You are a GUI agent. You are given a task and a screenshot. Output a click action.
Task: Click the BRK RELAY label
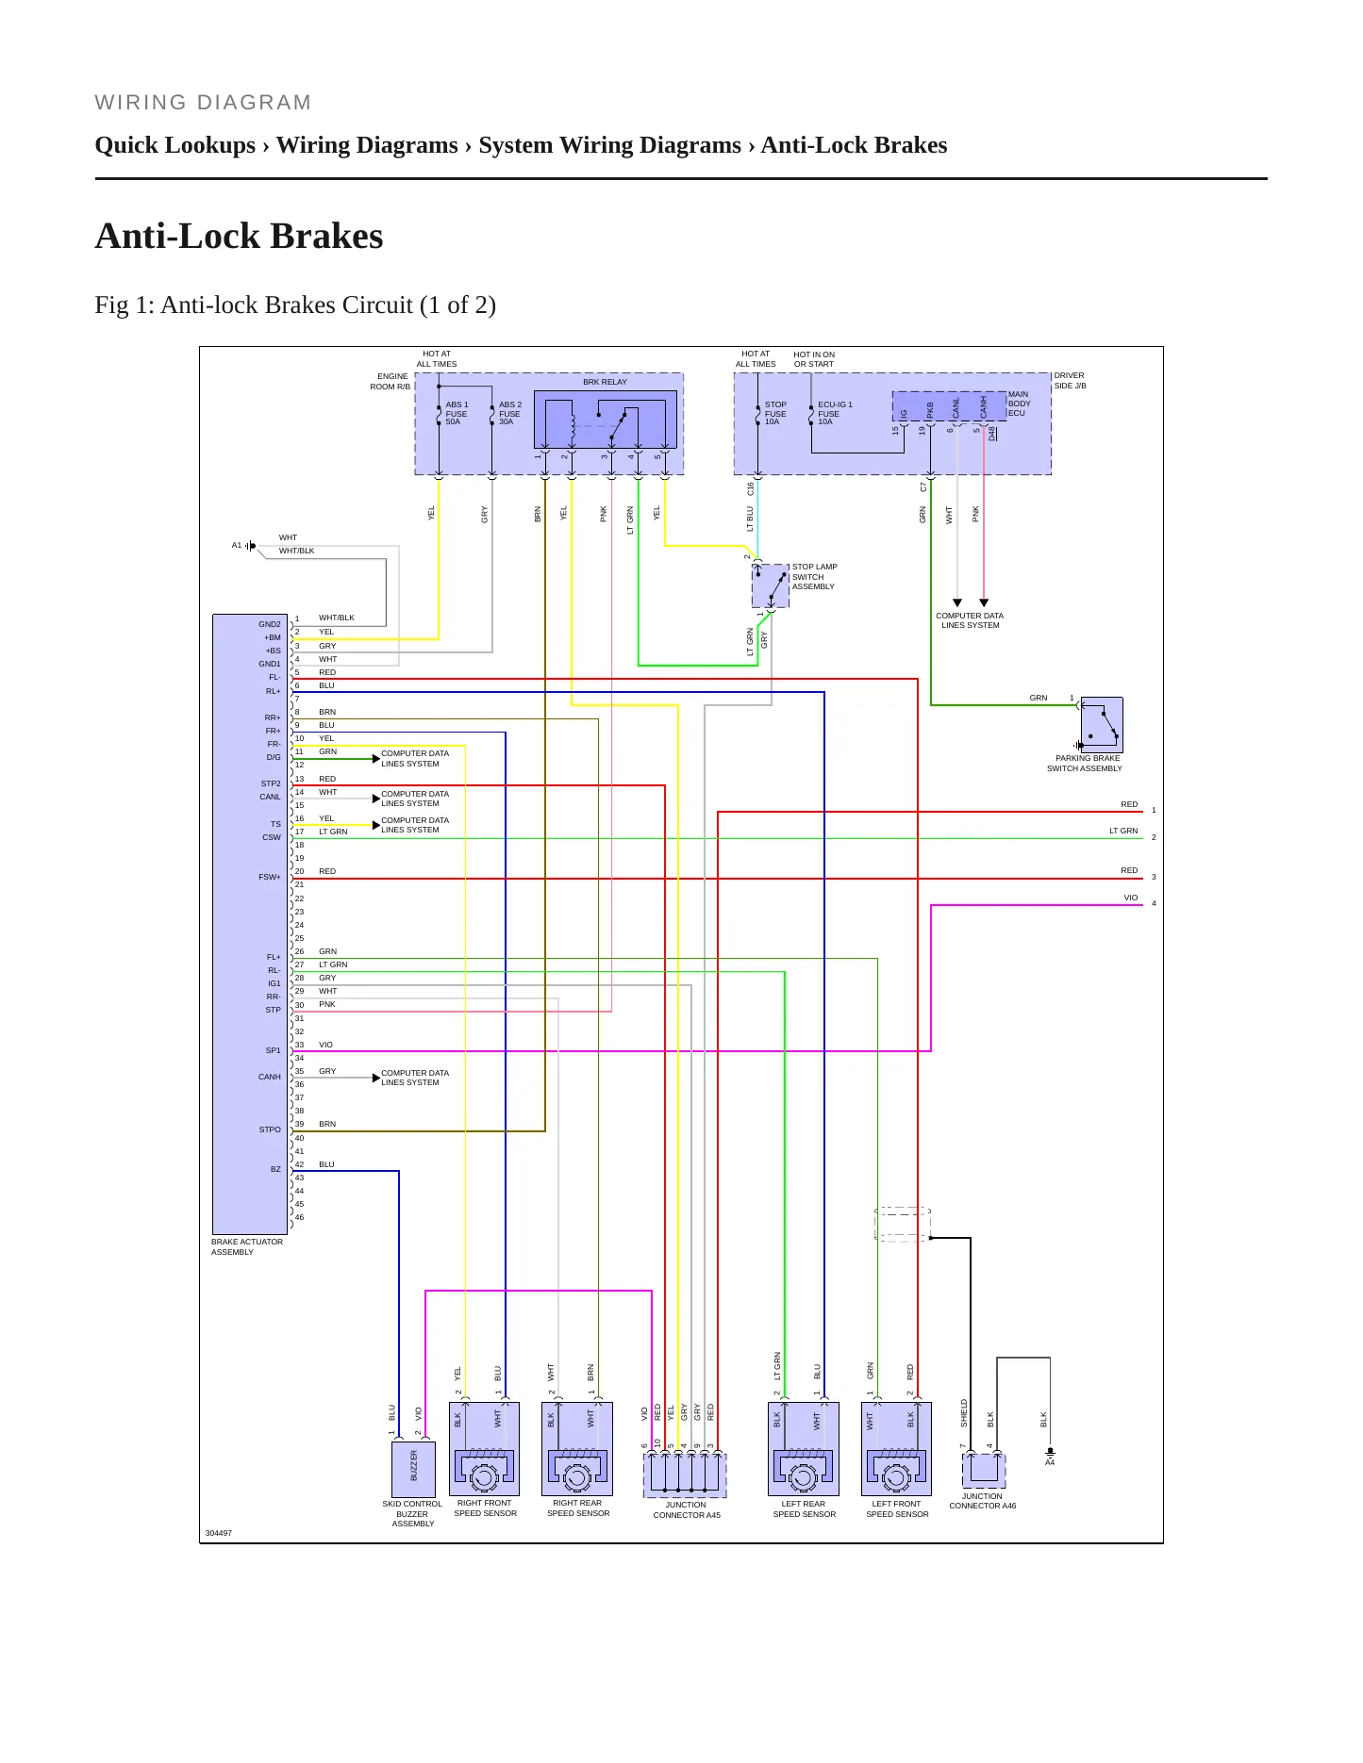click(605, 382)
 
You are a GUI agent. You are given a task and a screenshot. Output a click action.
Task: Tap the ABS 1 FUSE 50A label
click(457, 413)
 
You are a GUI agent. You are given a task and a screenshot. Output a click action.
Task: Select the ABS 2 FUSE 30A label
click(509, 413)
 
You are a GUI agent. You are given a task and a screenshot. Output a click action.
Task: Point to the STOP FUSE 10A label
click(775, 413)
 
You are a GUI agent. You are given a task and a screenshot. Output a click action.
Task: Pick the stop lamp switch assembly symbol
click(771, 585)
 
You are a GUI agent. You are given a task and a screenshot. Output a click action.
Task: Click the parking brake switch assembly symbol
click(1102, 724)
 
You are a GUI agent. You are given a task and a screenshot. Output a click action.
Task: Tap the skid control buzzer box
click(412, 1469)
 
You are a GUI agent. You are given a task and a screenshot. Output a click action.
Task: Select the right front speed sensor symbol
click(485, 1449)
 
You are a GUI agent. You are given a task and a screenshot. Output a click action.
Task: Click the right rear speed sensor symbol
click(577, 1449)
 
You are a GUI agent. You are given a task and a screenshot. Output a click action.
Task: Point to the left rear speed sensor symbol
click(803, 1449)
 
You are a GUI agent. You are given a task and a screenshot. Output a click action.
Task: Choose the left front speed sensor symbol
click(896, 1449)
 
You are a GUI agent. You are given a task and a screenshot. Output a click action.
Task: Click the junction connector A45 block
click(685, 1475)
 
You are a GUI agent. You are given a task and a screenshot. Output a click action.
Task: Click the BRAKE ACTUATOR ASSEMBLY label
click(247, 1246)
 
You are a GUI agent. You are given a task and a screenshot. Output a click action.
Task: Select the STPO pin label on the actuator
click(270, 1129)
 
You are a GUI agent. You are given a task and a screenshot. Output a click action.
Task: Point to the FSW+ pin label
click(270, 877)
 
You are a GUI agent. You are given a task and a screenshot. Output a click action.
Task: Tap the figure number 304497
click(219, 1533)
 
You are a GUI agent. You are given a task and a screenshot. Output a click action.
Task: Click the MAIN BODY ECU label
click(1019, 404)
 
